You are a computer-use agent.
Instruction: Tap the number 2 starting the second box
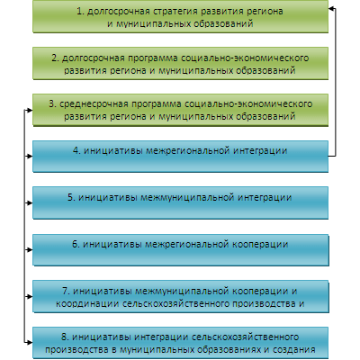tap(55, 58)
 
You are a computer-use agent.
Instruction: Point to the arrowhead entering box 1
tap(331, 8)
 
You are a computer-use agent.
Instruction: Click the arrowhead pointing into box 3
tap(30, 110)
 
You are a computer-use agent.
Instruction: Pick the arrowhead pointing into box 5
tap(30, 203)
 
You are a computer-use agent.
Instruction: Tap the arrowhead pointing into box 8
tap(30, 342)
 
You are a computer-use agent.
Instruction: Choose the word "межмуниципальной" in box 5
tap(186, 198)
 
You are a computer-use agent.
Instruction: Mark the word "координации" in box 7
tap(87, 304)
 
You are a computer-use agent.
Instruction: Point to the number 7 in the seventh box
tap(66, 291)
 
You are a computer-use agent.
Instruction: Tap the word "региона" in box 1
tap(265, 12)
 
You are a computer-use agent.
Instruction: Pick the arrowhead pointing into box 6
tap(30, 249)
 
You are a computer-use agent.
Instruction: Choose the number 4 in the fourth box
tap(76, 150)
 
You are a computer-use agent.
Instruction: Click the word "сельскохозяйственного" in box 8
tap(245, 337)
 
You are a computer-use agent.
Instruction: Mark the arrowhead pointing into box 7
tap(30, 296)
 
